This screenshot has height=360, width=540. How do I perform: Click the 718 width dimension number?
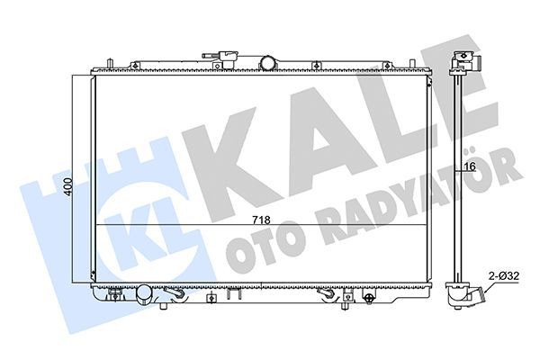260,219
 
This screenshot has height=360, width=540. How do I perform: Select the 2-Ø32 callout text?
504,277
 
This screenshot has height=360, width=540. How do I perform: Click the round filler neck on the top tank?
267,62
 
